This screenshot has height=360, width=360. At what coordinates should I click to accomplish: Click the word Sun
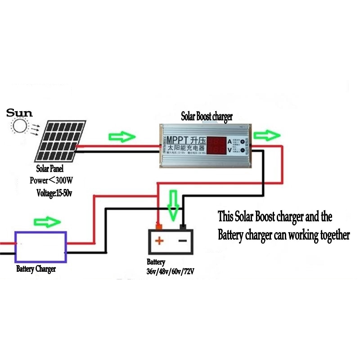[x=19, y=112]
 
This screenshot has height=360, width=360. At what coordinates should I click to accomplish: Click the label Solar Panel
[x=49, y=170]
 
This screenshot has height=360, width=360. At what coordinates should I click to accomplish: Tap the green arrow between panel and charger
[x=122, y=137]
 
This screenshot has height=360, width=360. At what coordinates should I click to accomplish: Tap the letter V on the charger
[x=229, y=151]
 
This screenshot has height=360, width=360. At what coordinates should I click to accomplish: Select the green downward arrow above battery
[x=173, y=204]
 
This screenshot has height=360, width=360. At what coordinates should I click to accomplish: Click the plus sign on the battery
[x=159, y=241]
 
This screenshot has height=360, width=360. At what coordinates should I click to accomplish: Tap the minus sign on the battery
[x=182, y=241]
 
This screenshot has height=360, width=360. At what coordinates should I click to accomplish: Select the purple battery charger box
[x=41, y=247]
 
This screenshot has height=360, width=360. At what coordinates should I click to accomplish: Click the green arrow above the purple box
[x=47, y=222]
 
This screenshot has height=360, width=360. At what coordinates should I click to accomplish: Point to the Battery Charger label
[x=36, y=269]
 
